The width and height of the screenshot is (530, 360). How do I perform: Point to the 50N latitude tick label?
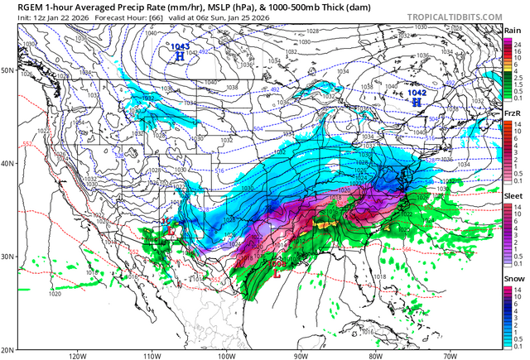pos(7,70)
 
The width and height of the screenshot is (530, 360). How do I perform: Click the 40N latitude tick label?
pos(7,163)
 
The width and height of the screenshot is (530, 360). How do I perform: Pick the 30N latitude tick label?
pos(7,257)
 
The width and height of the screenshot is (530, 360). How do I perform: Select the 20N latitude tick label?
pos(7,349)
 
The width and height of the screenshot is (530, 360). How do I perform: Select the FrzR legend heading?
pos(513,113)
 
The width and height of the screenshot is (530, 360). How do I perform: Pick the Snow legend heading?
pos(513,278)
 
